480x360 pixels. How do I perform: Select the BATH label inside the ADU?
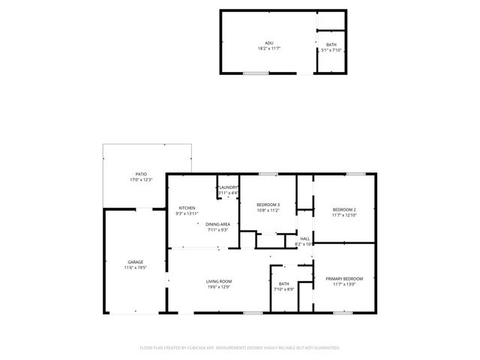click(331, 45)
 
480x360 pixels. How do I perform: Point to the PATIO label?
click(141, 174)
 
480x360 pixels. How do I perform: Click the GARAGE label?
click(135, 262)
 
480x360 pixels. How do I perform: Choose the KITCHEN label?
click(187, 208)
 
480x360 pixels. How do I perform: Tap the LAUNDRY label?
click(228, 187)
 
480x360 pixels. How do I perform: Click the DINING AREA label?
click(218, 223)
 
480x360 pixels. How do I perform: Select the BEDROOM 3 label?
click(268, 205)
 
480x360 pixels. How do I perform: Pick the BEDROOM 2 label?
click(343, 209)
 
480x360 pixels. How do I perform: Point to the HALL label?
click(305, 238)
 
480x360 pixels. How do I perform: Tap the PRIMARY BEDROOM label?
click(343, 278)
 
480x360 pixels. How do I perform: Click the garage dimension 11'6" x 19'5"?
click(135, 267)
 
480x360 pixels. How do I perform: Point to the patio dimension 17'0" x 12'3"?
click(141, 180)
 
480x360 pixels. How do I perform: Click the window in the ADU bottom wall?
click(256, 73)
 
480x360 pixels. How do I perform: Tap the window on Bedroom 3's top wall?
click(268, 174)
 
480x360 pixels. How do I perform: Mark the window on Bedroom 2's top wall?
click(355, 174)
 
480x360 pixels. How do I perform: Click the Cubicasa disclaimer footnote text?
click(240, 348)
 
